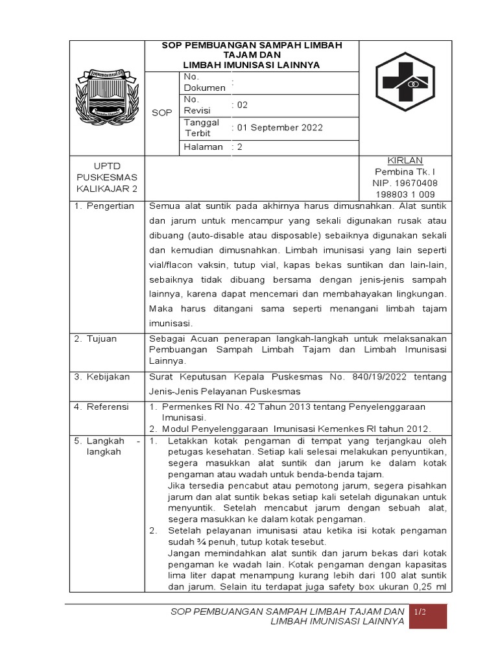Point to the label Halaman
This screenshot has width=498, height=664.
point(203,147)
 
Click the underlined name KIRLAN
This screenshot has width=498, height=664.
point(405,161)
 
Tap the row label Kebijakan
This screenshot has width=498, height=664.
point(108,377)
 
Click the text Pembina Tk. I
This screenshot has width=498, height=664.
point(405,172)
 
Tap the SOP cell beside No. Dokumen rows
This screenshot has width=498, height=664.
point(161,113)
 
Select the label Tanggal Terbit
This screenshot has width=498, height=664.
point(202,128)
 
